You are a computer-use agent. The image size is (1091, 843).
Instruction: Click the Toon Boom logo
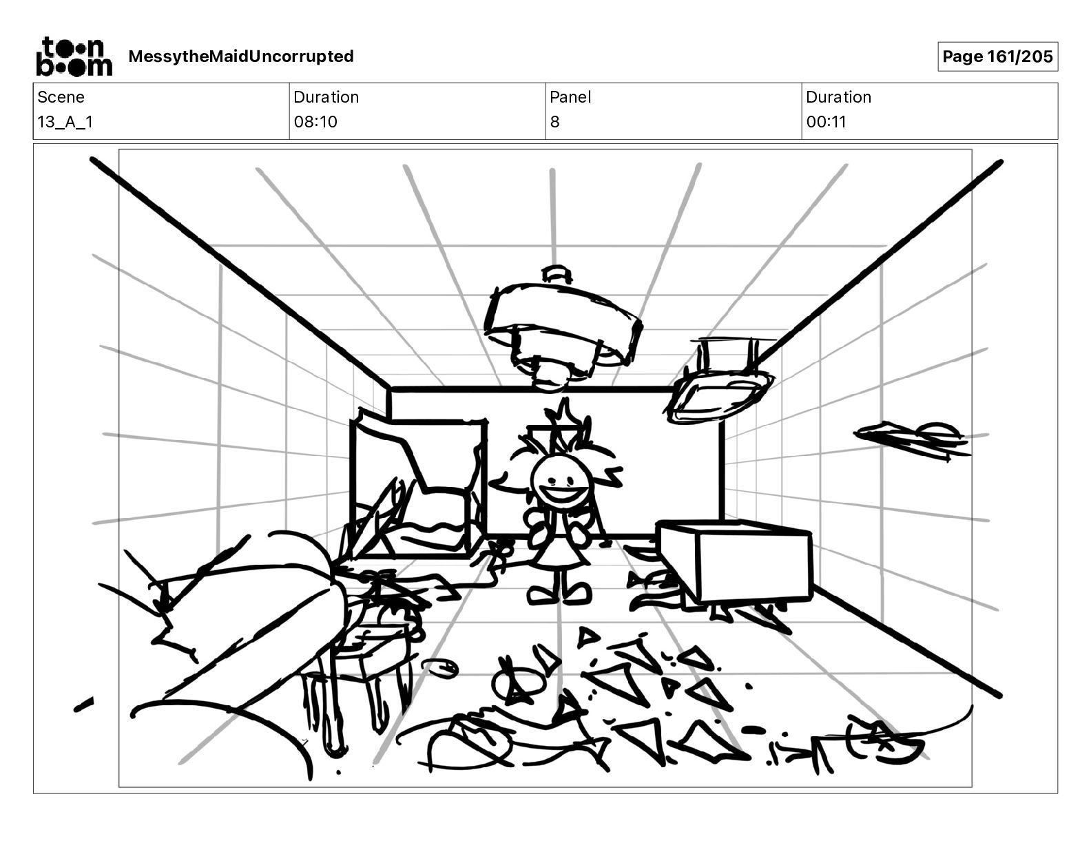click(x=74, y=56)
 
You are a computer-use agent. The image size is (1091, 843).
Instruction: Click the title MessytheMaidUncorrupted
click(x=241, y=56)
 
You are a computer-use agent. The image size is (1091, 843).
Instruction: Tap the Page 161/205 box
click(x=997, y=56)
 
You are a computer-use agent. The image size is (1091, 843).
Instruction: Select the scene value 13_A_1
click(x=65, y=122)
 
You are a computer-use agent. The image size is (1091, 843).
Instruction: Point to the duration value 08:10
click(x=315, y=122)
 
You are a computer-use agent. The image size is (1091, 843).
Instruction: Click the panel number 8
click(x=555, y=122)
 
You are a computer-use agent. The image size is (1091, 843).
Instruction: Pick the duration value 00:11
click(x=827, y=122)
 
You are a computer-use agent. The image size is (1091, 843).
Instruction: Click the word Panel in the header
click(x=570, y=97)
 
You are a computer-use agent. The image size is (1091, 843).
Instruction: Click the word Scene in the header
click(x=61, y=97)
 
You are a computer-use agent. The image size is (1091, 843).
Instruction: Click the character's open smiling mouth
click(x=561, y=494)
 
